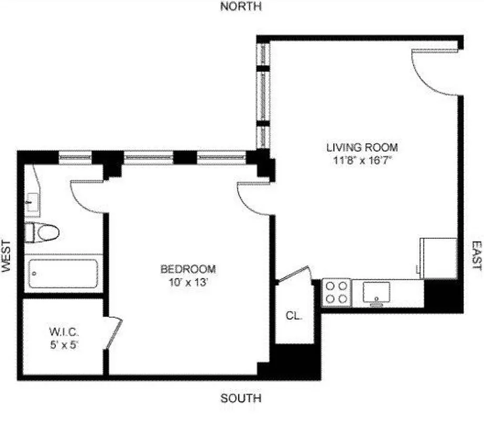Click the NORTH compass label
241,6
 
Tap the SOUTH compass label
241,398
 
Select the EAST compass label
476,256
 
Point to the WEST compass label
6,256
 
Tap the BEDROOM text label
188,269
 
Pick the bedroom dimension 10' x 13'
188,282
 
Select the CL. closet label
293,316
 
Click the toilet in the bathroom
42,232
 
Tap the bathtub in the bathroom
63,273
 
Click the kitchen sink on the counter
376,292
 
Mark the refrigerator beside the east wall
438,257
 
